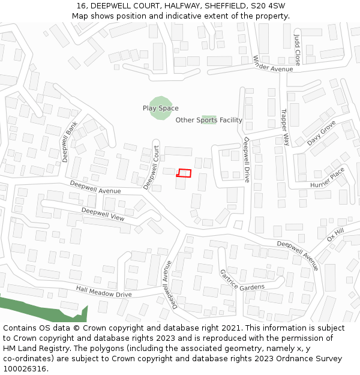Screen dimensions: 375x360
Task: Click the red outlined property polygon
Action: pos(184,173)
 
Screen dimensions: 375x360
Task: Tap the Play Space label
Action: pos(160,109)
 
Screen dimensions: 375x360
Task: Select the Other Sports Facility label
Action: pos(209,120)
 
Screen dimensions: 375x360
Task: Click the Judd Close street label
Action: pos(297,50)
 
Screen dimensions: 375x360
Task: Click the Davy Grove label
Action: pos(322,133)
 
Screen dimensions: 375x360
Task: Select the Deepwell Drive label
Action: pos(246,160)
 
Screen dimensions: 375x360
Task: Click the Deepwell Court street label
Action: pos(151,167)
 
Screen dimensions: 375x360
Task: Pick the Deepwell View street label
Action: pos(103,214)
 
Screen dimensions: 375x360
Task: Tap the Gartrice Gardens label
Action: pos(242,280)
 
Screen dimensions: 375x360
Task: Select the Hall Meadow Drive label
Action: pos(103,292)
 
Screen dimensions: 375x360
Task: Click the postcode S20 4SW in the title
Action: pos(268,6)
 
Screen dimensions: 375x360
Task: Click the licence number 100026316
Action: pos(25,368)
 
